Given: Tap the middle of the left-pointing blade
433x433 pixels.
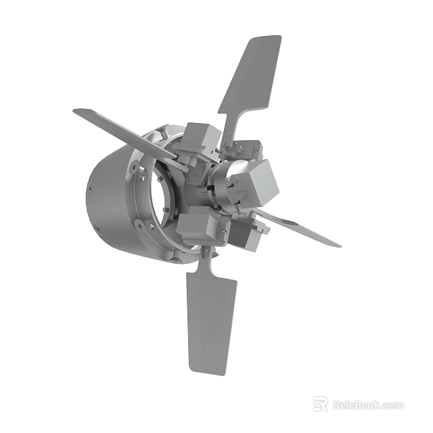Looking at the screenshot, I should [x=125, y=134].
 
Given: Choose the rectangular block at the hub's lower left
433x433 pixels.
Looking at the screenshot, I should [x=196, y=225].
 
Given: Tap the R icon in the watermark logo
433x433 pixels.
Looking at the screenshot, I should [x=321, y=404].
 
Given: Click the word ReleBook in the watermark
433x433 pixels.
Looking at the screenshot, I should [x=356, y=405].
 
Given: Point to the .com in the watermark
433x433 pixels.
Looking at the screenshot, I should [x=392, y=405].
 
